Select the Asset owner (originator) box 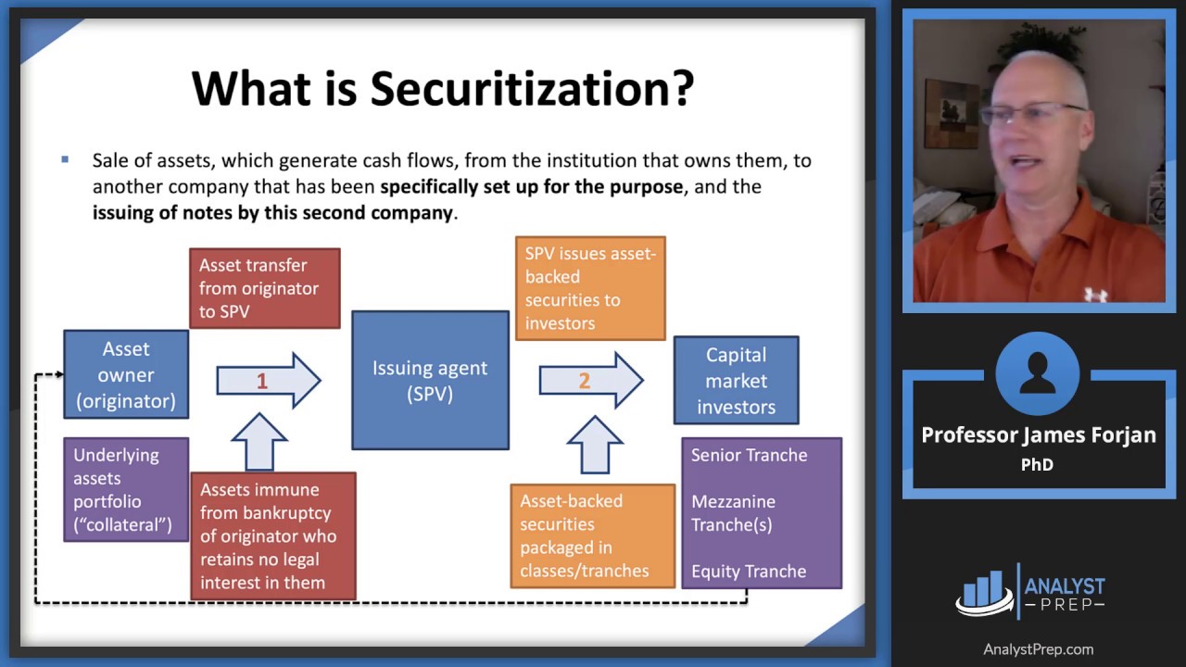(x=126, y=375)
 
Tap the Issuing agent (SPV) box (x=431, y=380)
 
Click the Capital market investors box (x=736, y=380)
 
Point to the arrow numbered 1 (x=269, y=381)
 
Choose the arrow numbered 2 (x=591, y=380)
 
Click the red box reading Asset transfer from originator (x=265, y=288)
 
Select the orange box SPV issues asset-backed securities (x=590, y=288)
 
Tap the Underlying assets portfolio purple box (x=126, y=489)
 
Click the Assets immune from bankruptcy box (x=273, y=535)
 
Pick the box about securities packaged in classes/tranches (x=592, y=535)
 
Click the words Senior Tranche (x=750, y=455)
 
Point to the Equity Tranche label (x=749, y=572)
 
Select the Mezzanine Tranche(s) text (x=733, y=513)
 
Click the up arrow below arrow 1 (x=259, y=442)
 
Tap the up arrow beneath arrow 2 (x=595, y=445)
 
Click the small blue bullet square (x=65, y=159)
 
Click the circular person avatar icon (x=1037, y=373)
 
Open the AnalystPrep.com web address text (x=1039, y=649)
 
